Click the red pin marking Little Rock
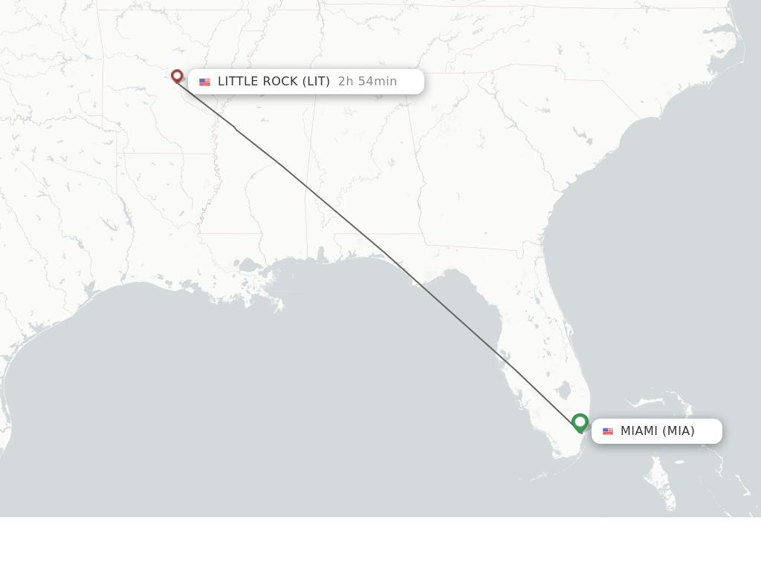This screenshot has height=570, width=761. coord(177,76)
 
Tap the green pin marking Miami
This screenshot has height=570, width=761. coord(580,422)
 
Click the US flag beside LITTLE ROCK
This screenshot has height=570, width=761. coord(204,82)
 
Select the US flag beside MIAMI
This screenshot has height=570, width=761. coord(608,431)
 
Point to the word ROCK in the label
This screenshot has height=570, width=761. coord(279,82)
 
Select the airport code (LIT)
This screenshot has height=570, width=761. coord(316,82)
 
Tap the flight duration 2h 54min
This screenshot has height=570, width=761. coord(367,82)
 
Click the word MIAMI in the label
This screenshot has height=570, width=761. coord(638,431)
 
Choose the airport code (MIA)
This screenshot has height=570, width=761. coord(679,431)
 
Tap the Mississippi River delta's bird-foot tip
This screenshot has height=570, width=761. coord(278,306)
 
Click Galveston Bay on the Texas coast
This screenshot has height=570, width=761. coord(88,288)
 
